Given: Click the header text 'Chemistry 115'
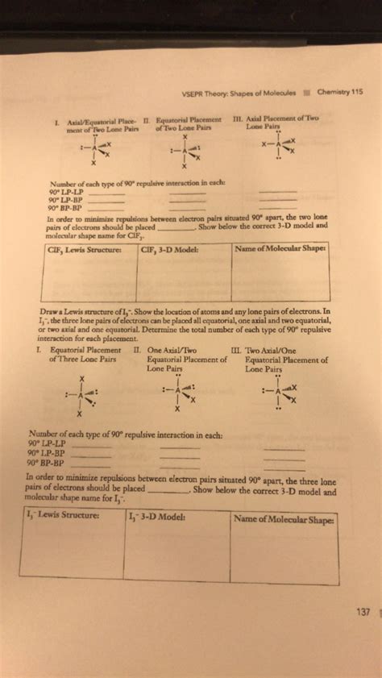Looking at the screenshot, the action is [340, 90].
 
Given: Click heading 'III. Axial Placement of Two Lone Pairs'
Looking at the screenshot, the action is [276, 122].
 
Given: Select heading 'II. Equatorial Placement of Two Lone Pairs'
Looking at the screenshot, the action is [180, 122].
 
